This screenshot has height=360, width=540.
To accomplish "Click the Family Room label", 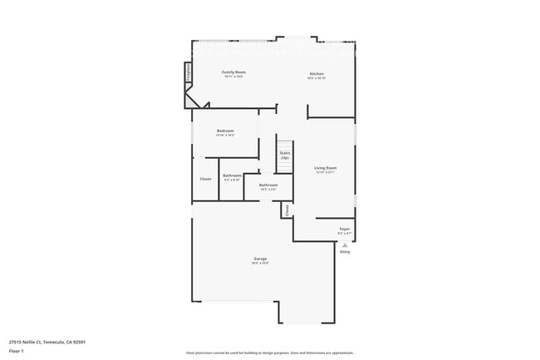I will (x=233, y=72).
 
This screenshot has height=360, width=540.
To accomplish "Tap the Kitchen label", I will (x=316, y=74).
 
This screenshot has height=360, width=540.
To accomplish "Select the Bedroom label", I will (x=225, y=131).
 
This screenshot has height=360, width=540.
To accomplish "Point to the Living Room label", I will (x=325, y=168).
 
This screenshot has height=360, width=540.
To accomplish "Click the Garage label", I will (x=260, y=259).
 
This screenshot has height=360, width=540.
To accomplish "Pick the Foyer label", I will (x=344, y=229).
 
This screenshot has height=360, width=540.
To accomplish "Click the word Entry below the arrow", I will (x=345, y=252).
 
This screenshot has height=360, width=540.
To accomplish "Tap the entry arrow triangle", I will (x=345, y=245).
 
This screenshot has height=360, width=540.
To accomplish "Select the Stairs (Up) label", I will (x=284, y=155).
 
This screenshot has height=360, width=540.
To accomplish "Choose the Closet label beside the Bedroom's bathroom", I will (x=205, y=179).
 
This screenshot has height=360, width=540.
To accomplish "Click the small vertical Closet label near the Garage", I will (x=287, y=210).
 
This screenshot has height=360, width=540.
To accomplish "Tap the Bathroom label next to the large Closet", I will (x=232, y=175).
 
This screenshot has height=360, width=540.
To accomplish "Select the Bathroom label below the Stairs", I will (x=268, y=185).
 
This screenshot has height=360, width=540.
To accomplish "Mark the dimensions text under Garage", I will (x=260, y=264).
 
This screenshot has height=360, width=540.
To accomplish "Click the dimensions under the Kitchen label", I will (x=316, y=78).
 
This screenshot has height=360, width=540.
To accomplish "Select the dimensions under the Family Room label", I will (x=233, y=76).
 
